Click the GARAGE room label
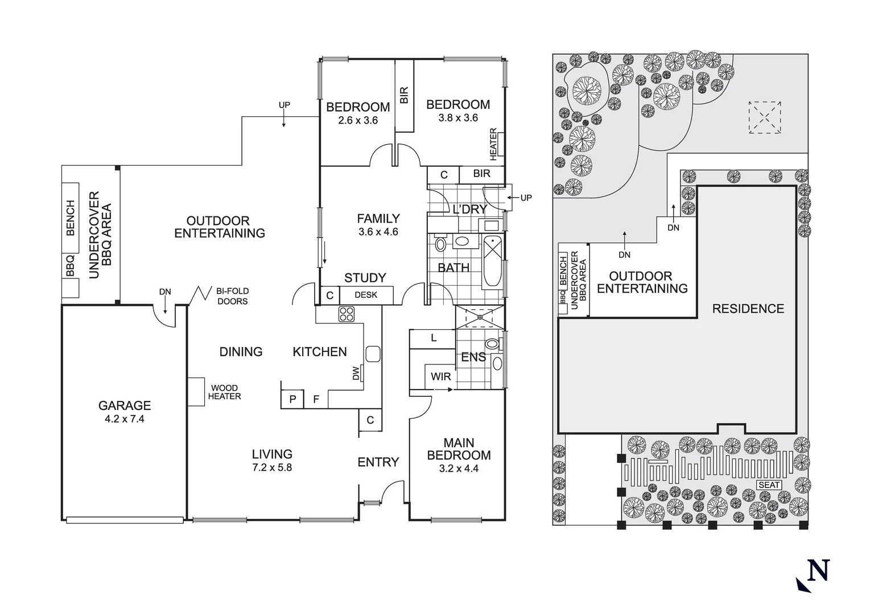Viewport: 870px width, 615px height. click(x=125, y=405)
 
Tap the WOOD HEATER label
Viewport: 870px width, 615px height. click(x=224, y=392)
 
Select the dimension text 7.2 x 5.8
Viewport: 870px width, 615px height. click(x=272, y=468)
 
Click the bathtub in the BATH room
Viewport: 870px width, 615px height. click(x=493, y=261)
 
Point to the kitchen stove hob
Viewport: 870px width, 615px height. click(x=347, y=314)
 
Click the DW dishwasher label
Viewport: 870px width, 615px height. click(x=356, y=374)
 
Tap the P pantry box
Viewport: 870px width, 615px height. click(x=292, y=399)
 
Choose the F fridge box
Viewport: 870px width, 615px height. click(x=316, y=399)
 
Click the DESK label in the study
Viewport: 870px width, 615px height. click(x=366, y=295)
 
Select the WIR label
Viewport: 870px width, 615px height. click(x=441, y=376)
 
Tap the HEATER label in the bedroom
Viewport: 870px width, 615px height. click(x=493, y=144)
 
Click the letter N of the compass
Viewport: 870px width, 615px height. click(x=818, y=570)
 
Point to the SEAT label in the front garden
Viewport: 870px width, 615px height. click(x=769, y=485)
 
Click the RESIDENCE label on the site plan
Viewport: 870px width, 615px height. click(x=748, y=309)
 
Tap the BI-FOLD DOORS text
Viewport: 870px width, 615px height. click(x=232, y=296)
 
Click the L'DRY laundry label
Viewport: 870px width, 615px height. click(x=469, y=209)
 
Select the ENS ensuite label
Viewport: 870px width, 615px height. click(x=473, y=357)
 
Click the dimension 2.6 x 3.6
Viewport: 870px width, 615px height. click(x=358, y=120)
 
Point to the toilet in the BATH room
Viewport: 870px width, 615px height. click(x=440, y=244)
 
